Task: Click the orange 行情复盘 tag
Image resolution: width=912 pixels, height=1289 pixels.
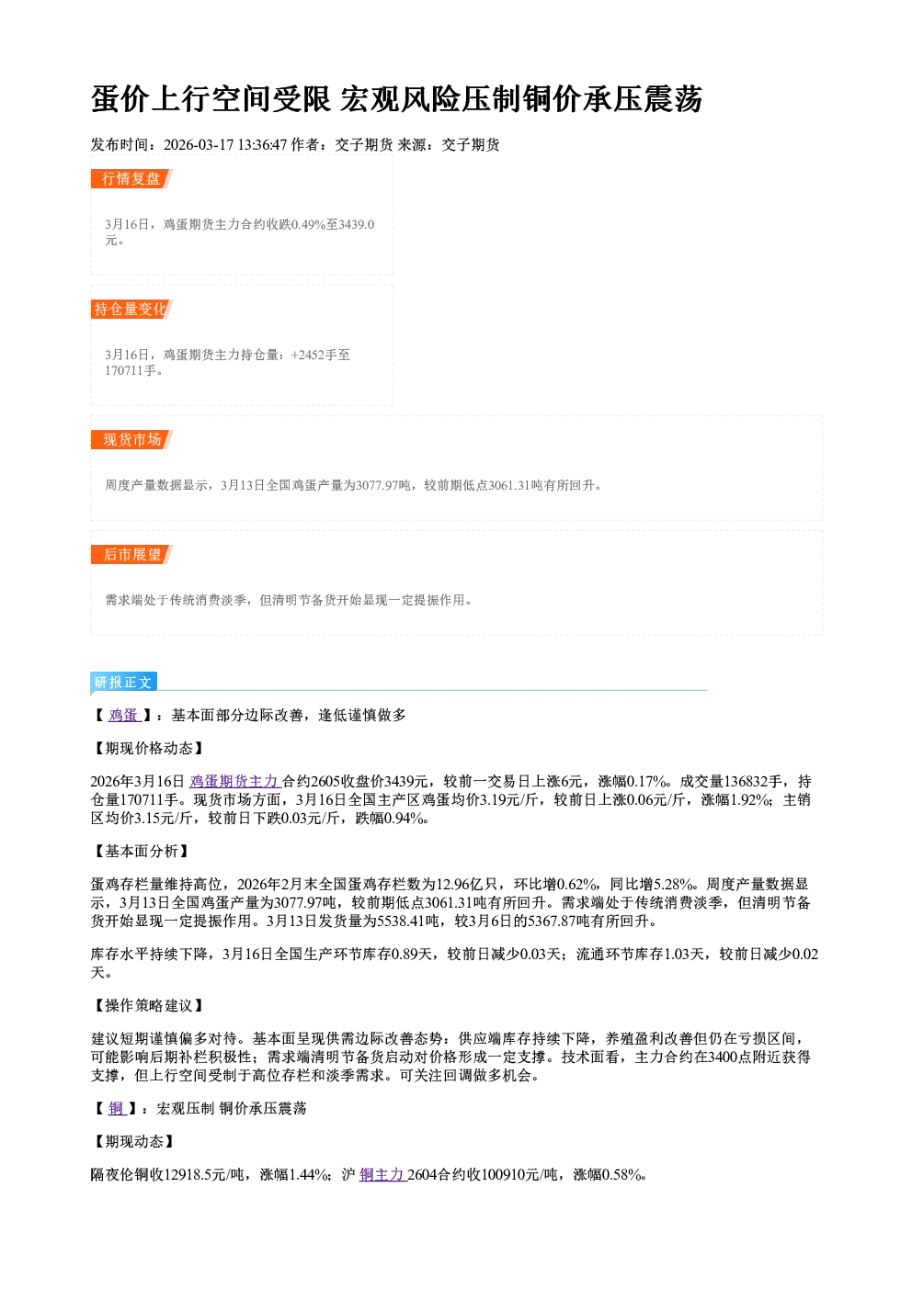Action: (x=131, y=178)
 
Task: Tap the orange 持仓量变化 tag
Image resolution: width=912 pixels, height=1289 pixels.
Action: (x=131, y=309)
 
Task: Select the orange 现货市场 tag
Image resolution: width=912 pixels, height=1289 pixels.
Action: (x=131, y=440)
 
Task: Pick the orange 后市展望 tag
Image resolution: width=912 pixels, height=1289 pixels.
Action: (x=131, y=554)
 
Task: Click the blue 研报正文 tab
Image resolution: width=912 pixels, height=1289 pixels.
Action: (x=123, y=682)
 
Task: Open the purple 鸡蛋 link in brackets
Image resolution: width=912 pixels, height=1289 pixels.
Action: (x=125, y=716)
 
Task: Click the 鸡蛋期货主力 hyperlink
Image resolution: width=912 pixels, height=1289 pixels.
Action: (x=235, y=782)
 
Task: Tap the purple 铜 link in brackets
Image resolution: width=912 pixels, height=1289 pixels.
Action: (x=118, y=1108)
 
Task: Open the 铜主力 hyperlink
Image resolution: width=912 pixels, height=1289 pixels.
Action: (x=382, y=1174)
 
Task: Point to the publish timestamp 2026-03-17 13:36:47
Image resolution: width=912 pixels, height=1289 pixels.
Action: (x=225, y=144)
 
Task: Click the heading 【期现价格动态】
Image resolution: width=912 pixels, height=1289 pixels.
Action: (x=149, y=748)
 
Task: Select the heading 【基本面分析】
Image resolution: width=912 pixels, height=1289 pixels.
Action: (x=141, y=851)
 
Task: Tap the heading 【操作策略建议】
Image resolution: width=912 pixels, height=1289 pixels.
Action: (x=149, y=1005)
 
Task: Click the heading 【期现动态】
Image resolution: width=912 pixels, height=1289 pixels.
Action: (x=133, y=1141)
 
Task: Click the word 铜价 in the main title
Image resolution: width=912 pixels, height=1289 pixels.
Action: (x=551, y=99)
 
